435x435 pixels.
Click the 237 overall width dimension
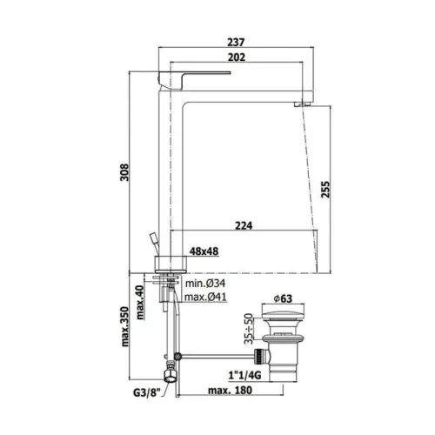click(236, 42)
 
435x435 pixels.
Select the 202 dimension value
click(237, 57)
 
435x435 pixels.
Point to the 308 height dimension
click(124, 172)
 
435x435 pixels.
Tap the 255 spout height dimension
click(325, 190)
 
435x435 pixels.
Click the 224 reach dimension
click(244, 225)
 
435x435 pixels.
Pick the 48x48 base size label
click(204, 251)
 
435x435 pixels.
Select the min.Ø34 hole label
click(205, 283)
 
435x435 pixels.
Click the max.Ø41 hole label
click(205, 297)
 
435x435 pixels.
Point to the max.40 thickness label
click(140, 303)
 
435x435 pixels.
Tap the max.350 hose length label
click(124, 326)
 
